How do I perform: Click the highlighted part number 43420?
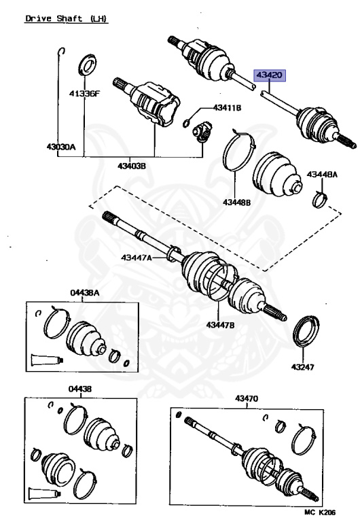pos(270,75)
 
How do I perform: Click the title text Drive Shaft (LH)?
pos(67,18)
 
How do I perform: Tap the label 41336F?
pos(84,94)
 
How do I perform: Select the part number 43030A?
pos(61,147)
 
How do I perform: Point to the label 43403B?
pos(131,165)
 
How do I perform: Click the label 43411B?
pos(227,107)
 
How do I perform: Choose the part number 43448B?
pos(236,202)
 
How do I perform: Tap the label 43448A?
pos(322,175)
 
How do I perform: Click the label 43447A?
pos(136,258)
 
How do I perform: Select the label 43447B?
pos(220,325)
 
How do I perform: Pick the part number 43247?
pos(302,367)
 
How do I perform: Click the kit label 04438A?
pos(85,293)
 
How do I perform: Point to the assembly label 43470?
pos(247,398)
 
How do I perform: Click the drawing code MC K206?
pos(320,512)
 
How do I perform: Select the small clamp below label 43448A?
pos(321,199)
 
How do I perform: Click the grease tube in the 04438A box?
pos(47,360)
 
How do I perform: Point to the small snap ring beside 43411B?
pos(187,124)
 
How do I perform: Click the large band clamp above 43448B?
pos(240,150)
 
